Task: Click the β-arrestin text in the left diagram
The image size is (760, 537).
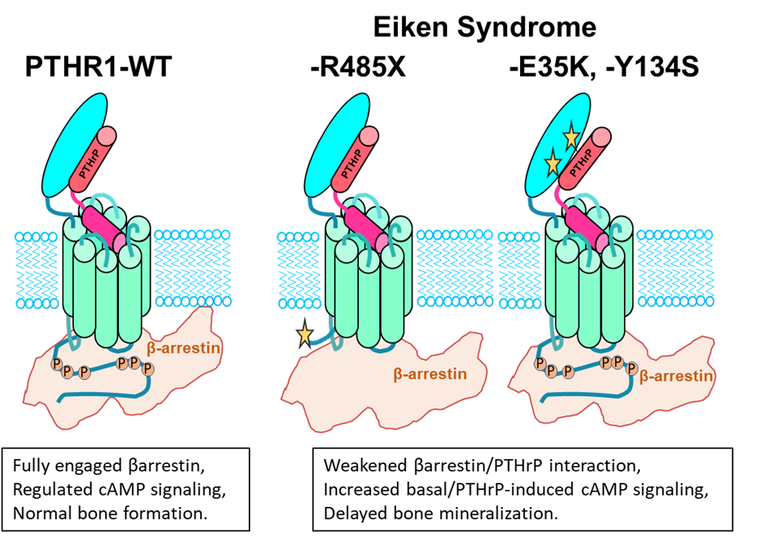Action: coord(185,349)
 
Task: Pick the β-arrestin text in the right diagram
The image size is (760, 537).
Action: coord(677,376)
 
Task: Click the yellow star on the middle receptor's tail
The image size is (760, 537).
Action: coord(305,334)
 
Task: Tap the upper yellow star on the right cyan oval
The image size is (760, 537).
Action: coord(571,136)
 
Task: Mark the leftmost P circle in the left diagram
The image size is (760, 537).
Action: coord(58,364)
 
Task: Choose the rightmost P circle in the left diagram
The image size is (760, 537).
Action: coord(148,369)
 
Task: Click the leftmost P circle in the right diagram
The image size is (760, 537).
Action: coord(540,364)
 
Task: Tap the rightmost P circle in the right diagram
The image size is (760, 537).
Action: coord(631,369)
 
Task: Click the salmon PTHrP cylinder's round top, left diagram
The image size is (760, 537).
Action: coord(107,137)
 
